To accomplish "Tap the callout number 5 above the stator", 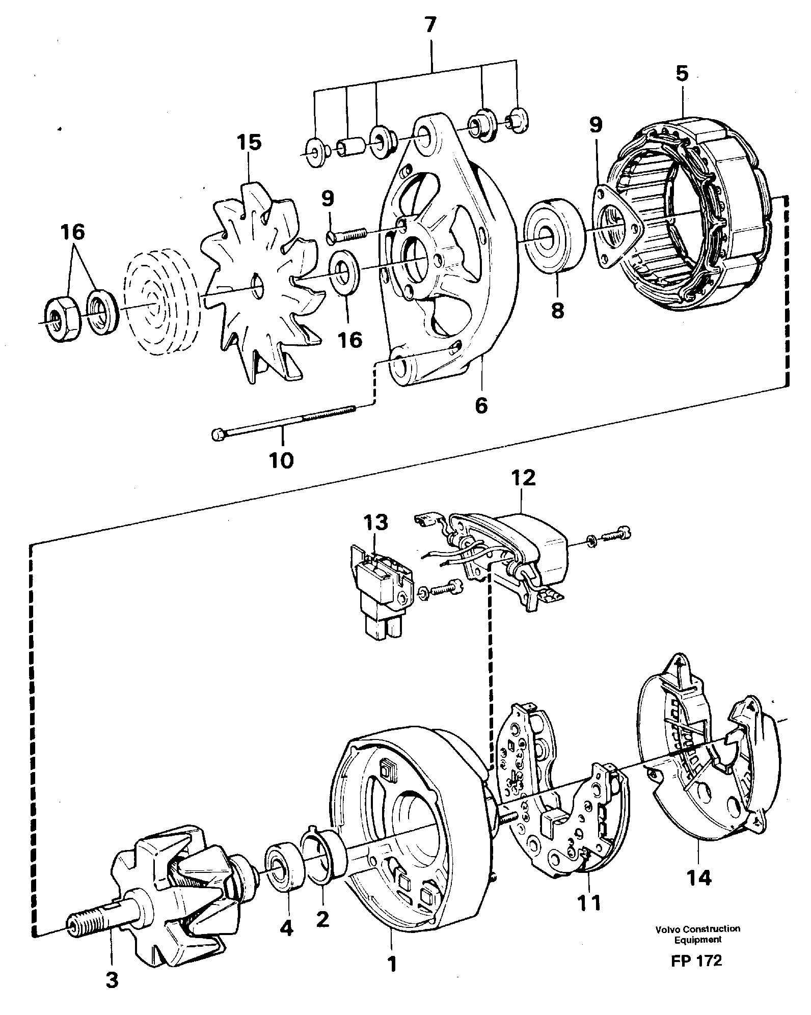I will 682,74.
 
